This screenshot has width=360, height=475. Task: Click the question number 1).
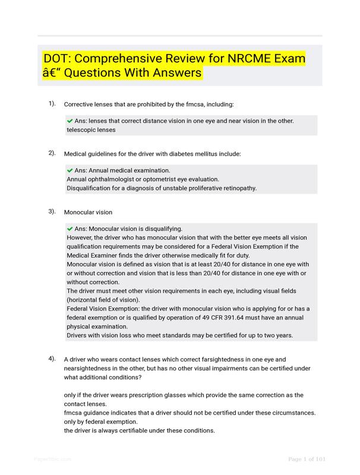tap(52, 104)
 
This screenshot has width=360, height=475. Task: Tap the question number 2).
tap(52, 153)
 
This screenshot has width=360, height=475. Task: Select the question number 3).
tap(52, 211)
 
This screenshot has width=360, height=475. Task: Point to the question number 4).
tap(52, 359)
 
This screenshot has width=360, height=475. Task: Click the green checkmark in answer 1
tap(70, 121)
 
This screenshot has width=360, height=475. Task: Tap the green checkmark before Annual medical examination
tap(70, 170)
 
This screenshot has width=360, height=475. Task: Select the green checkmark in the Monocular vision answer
tap(70, 229)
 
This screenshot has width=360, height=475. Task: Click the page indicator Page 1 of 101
tap(307, 459)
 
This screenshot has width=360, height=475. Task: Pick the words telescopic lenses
tap(91, 129)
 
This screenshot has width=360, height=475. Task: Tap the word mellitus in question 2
tap(185, 154)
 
